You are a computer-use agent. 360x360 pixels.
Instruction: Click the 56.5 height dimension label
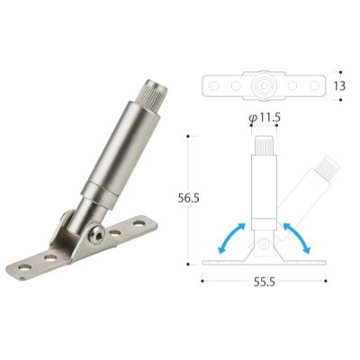pos(188,198)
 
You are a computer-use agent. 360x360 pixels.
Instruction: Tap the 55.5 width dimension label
pos(264,282)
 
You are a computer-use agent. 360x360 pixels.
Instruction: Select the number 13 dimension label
pos(339,86)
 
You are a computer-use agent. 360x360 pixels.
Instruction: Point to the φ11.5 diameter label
pos(265,118)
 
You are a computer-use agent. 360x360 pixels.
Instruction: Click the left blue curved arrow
pos(230,237)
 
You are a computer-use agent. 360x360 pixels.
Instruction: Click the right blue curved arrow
pos(297,237)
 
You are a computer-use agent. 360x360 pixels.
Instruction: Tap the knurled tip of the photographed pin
pos(152,92)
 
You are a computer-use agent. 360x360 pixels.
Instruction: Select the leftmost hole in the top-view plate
pos(213,86)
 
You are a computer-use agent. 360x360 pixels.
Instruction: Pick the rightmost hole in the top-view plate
pos(314,86)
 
